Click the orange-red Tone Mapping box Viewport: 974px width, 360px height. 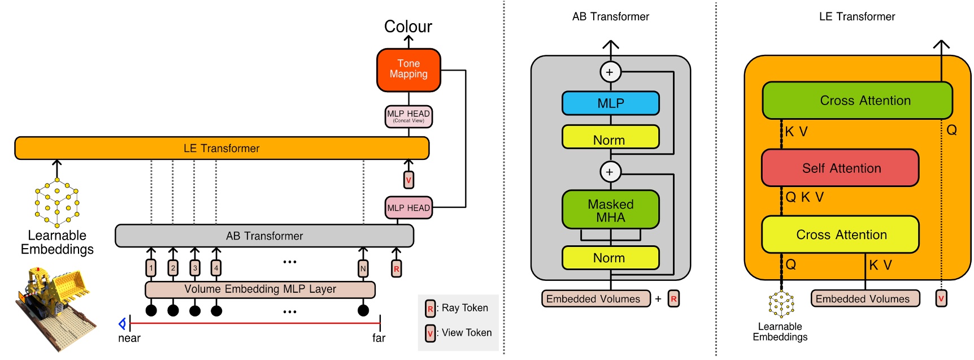[408, 70]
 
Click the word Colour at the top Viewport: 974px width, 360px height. [408, 26]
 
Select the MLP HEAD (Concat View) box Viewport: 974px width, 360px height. [408, 116]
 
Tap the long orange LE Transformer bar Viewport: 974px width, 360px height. [221, 148]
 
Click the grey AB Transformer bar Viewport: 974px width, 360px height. [264, 236]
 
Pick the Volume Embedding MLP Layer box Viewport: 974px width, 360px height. [260, 289]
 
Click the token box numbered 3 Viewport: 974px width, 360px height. [195, 268]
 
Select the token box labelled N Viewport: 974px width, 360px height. [363, 268]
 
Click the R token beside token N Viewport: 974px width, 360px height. [397, 268]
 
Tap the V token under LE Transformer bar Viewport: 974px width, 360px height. [408, 180]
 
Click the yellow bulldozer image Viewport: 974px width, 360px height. [54, 308]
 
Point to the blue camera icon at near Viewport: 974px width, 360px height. [122, 324]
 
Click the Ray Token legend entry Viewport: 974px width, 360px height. [458, 308]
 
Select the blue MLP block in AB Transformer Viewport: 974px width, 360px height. [610, 103]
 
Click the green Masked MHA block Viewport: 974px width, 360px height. [610, 210]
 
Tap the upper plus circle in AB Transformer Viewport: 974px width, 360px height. [610, 72]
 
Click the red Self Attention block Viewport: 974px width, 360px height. [840, 168]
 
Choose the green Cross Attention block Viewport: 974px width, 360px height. [857, 101]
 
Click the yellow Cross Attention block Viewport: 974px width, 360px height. [840, 235]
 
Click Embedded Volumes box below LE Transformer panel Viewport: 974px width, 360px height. [865, 298]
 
